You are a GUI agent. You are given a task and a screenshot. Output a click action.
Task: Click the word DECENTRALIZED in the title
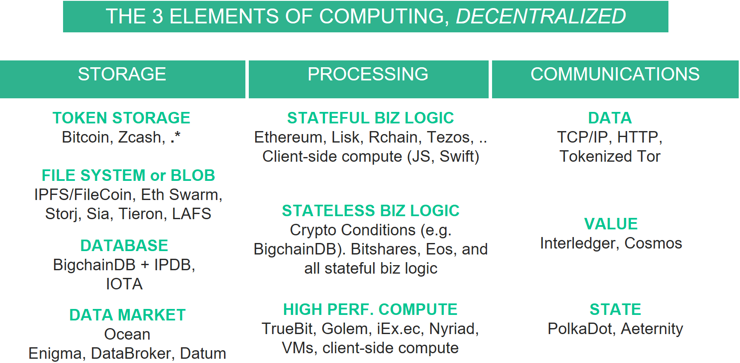[x=541, y=17]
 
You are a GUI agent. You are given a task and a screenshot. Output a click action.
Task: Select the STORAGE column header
[x=122, y=74]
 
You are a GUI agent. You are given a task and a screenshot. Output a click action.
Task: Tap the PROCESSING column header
[x=368, y=74]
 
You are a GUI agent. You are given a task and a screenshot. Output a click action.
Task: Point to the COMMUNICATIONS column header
[x=615, y=74]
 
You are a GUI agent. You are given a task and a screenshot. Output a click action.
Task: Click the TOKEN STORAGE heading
[x=121, y=118]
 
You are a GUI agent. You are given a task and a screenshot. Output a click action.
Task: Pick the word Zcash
[x=139, y=137]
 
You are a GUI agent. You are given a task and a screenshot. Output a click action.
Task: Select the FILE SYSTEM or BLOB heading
[x=128, y=175]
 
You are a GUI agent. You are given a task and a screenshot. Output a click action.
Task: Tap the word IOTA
[x=124, y=284]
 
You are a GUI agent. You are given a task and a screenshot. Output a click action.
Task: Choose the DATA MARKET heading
[x=127, y=315]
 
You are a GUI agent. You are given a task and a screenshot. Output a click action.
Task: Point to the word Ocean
[x=127, y=334]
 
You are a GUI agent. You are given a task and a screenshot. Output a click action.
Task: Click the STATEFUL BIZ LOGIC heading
[x=370, y=118]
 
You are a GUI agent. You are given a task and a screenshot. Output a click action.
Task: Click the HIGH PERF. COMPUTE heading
[x=370, y=309]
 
